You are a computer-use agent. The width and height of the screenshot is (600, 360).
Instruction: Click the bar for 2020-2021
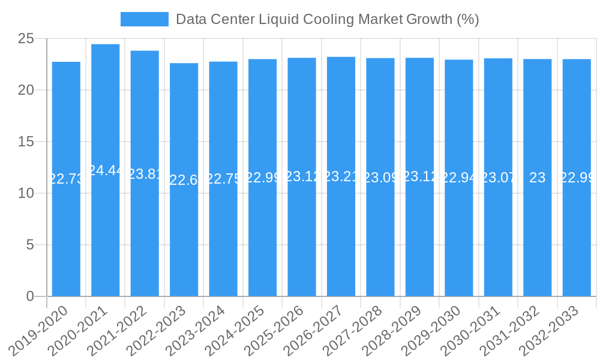[106, 180]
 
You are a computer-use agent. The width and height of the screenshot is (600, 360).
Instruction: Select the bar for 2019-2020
[66, 192]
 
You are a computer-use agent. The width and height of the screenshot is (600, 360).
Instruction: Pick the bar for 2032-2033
[577, 192]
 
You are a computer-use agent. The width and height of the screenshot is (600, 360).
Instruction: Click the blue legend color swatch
[144, 19]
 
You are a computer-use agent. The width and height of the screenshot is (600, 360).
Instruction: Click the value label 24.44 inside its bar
[106, 170]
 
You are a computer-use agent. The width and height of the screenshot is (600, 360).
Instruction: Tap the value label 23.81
[145, 174]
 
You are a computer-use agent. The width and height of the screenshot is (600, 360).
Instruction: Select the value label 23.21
[341, 176]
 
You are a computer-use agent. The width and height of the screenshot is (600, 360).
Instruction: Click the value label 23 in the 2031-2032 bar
[538, 178]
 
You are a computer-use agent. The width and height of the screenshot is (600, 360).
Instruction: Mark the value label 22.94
[459, 178]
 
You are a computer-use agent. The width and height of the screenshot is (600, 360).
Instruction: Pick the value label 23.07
[498, 178]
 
